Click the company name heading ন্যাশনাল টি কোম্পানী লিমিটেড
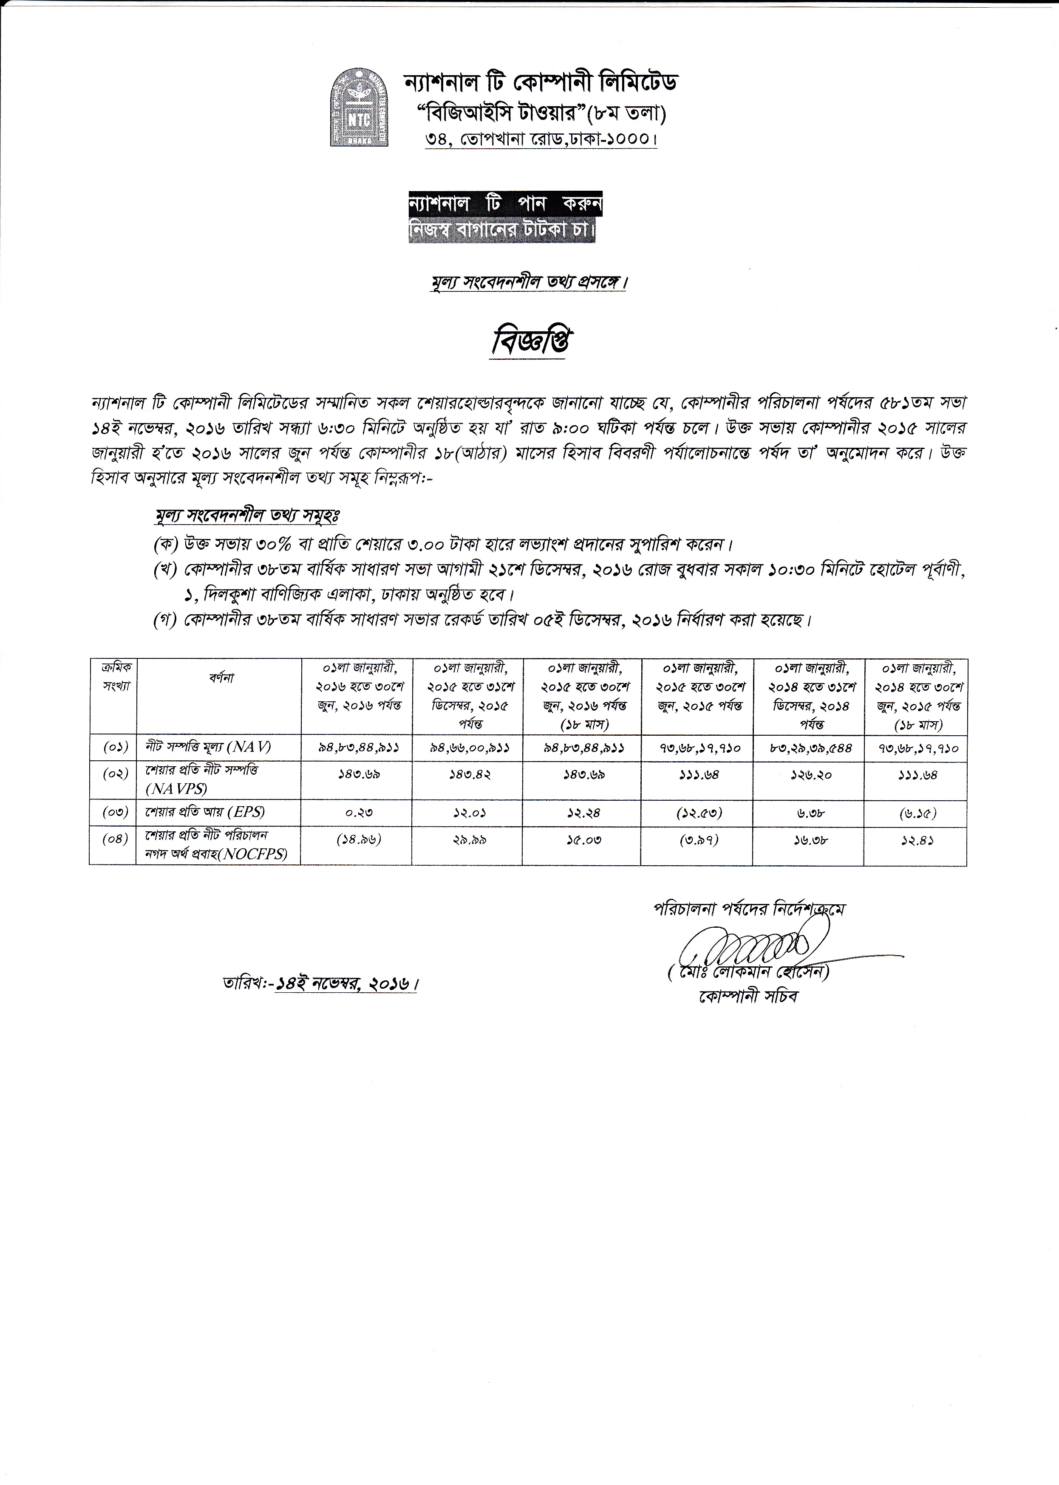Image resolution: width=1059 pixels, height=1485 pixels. pyautogui.click(x=541, y=83)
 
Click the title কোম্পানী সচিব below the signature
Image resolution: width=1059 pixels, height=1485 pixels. pyautogui.click(x=748, y=997)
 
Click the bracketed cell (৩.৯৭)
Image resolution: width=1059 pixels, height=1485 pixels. pyautogui.click(x=698, y=840)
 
